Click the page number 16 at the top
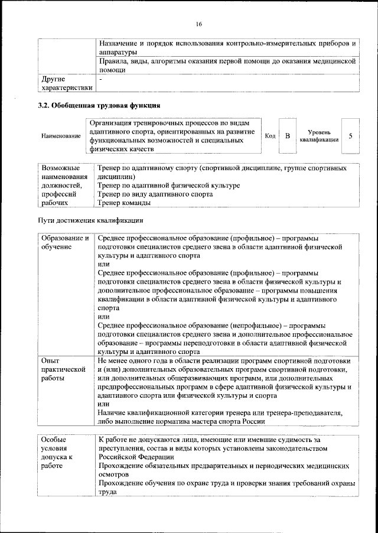(x=198, y=24)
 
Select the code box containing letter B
(x=287, y=136)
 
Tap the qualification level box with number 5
(x=350, y=136)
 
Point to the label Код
(x=270, y=136)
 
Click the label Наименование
(x=61, y=136)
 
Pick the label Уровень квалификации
(x=319, y=136)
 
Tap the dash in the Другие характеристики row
(x=100, y=79)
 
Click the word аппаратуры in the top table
(x=118, y=52)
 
